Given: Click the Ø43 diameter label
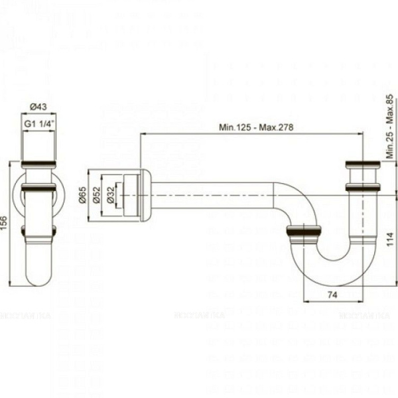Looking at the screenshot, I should click(x=38, y=107).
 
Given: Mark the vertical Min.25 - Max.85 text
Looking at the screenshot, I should click(x=389, y=126).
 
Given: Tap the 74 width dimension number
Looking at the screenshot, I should click(x=333, y=294).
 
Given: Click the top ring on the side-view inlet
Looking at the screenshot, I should click(x=362, y=163).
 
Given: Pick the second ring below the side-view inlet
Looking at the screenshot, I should click(x=362, y=187).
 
